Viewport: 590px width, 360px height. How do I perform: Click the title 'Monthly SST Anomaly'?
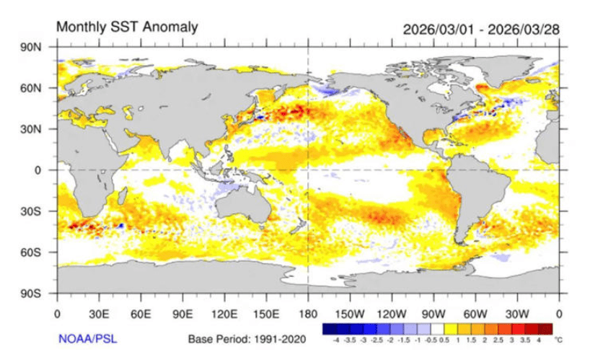(126, 27)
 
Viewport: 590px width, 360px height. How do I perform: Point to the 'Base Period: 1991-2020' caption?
(247, 338)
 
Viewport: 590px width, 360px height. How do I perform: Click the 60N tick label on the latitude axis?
(37, 88)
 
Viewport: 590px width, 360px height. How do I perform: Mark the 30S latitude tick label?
(37, 211)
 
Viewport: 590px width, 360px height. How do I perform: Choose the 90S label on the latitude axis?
(37, 294)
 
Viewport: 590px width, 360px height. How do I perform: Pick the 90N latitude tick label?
(37, 47)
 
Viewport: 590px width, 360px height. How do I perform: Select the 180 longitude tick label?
(308, 314)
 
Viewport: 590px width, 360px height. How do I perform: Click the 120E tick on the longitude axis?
(224, 314)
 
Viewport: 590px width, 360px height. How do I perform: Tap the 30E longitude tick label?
(99, 314)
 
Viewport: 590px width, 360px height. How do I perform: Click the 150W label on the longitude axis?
(350, 314)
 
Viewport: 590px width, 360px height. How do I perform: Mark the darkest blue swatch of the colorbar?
(331, 327)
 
